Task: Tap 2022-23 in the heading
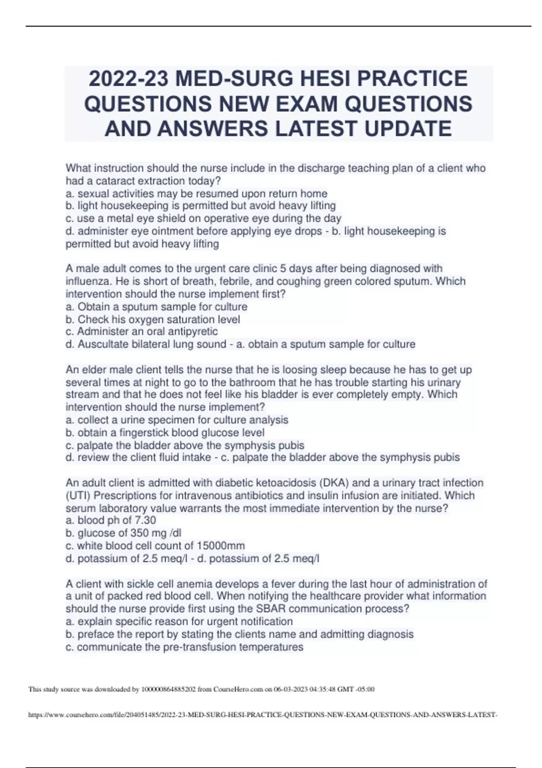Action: (x=128, y=79)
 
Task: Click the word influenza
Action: (x=89, y=281)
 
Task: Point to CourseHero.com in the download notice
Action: (x=238, y=689)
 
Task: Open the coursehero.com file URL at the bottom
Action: (x=262, y=715)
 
